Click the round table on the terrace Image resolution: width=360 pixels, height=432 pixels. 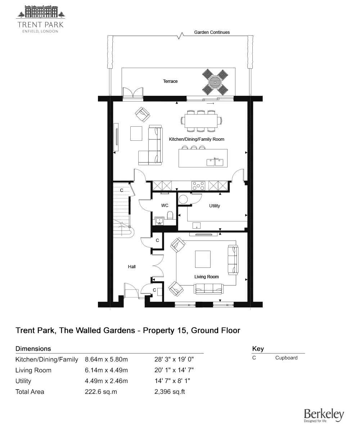[215, 81]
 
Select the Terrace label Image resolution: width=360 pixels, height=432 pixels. [170, 81]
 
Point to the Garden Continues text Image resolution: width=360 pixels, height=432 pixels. [212, 32]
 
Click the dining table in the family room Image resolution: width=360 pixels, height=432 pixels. [201, 120]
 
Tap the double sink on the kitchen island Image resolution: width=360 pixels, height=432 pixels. [215, 162]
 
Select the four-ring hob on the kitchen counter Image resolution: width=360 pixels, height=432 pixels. [199, 185]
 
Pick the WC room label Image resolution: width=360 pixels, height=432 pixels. [165, 206]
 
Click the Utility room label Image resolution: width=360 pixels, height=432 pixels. [215, 206]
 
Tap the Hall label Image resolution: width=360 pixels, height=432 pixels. [132, 267]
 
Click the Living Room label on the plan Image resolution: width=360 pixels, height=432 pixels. [207, 277]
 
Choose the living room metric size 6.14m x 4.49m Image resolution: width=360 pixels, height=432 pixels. [107, 370]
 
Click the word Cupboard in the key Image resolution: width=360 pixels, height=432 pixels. [287, 358]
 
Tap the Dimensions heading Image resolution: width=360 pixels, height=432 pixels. [33, 348]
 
